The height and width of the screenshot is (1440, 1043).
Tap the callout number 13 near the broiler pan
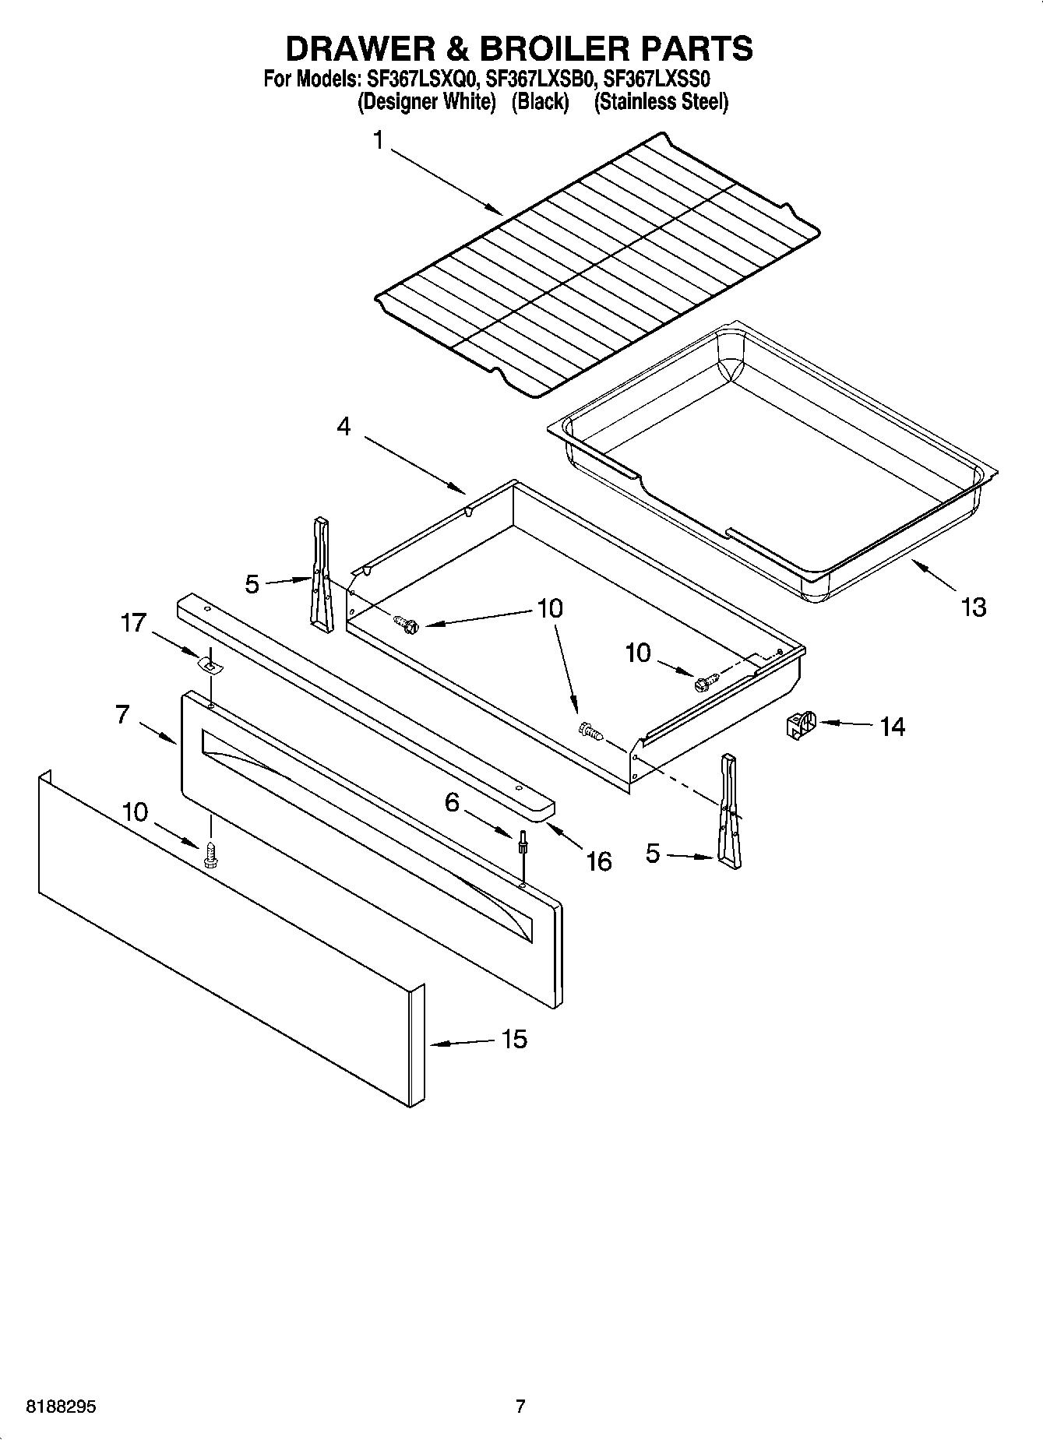click(x=973, y=607)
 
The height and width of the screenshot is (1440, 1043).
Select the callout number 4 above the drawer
click(x=344, y=426)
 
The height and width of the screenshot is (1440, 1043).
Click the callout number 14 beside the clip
click(x=892, y=727)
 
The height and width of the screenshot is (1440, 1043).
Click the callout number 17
click(x=133, y=623)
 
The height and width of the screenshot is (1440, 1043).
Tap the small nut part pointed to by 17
click(x=209, y=664)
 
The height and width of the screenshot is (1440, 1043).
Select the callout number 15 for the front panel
click(x=514, y=1039)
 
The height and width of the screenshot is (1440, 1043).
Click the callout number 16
click(x=598, y=861)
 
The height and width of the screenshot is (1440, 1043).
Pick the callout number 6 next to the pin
click(x=452, y=802)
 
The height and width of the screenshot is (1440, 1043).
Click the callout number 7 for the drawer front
click(x=122, y=714)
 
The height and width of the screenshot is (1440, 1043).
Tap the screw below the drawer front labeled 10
click(x=210, y=854)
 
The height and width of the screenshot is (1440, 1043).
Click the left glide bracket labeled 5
click(x=320, y=569)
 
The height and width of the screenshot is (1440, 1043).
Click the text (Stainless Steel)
click(x=661, y=102)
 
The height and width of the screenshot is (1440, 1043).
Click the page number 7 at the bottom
click(x=520, y=1407)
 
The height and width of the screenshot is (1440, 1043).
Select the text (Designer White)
click(x=426, y=102)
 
